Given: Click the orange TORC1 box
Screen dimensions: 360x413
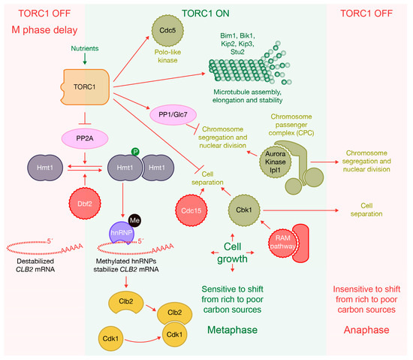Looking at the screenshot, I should click(86, 88).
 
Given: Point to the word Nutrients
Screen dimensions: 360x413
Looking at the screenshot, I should click(86, 47).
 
